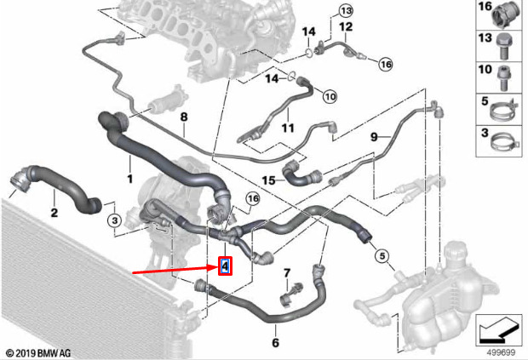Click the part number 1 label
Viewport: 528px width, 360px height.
tap(130, 179)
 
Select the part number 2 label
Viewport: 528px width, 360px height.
tap(55, 212)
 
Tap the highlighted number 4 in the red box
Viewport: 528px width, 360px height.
tap(226, 266)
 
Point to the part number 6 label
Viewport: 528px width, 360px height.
tap(275, 342)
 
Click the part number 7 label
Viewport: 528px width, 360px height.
tap(286, 273)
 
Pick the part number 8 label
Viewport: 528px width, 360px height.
tap(184, 117)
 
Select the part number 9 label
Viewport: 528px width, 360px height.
tap(374, 137)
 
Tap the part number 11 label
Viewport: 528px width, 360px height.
tap(288, 128)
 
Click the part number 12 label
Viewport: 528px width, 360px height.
tap(346, 26)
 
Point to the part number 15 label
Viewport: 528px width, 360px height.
tap(269, 180)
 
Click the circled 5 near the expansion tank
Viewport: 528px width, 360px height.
tap(382, 256)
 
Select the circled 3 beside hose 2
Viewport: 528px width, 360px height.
tap(115, 220)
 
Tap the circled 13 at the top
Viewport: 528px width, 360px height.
tap(346, 11)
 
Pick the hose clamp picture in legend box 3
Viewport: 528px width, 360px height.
tap(502, 142)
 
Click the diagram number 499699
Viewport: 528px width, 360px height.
tap(501, 352)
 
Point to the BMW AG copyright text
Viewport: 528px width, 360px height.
tap(38, 353)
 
